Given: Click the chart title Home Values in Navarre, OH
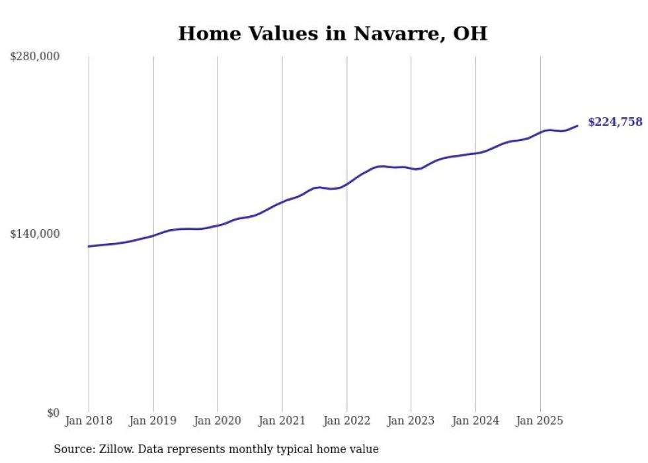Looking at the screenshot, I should pos(333,33).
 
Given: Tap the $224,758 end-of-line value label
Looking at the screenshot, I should pos(615,122).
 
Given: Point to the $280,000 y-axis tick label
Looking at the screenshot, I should pos(34,56).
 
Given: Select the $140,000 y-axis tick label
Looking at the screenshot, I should pos(34,234).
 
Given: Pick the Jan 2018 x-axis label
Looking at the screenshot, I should pos(89,421).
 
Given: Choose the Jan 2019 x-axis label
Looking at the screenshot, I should pos(153,421).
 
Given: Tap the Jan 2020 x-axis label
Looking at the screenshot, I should pos(218,421).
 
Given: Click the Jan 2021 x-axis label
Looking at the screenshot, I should pos(282,421).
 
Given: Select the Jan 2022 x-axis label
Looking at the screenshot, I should pos(346,421).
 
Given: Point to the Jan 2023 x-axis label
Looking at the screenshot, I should pos(411,421).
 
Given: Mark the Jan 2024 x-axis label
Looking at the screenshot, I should pos(475,421).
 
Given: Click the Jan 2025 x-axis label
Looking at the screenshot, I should pos(540,421).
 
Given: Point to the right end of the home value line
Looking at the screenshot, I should pos(577,125).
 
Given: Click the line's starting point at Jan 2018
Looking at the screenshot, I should pos(89,246).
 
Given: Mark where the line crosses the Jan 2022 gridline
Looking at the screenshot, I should pos(346,183).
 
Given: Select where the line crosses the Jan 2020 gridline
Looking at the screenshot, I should pos(218,226).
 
